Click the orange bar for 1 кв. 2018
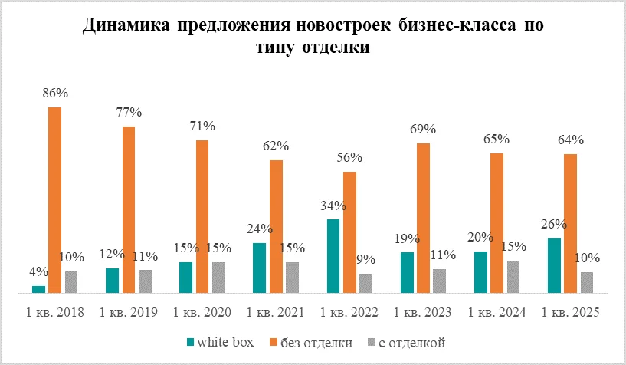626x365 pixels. tap(55, 199)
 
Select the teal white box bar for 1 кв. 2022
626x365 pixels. tap(333, 256)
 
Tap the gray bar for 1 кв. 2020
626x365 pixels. tap(218, 278)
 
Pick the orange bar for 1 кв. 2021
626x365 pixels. tap(276, 226)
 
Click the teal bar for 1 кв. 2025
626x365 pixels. tap(554, 265)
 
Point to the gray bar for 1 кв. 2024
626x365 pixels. tap(513, 277)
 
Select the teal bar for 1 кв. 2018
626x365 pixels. tap(38, 289)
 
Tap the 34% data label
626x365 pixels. tap(333, 206)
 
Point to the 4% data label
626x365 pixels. tap(38, 271)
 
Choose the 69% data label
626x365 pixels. tap(423, 129)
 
